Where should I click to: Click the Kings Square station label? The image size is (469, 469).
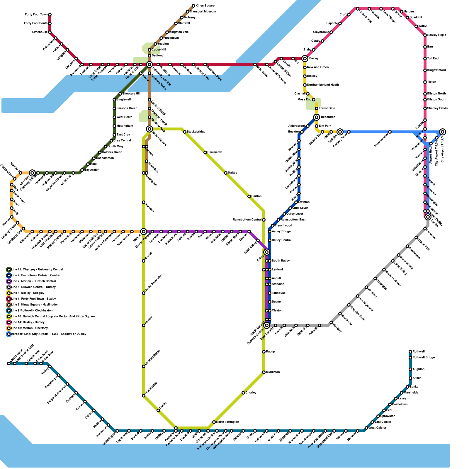point(205,6)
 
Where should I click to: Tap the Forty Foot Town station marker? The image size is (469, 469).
point(50,15)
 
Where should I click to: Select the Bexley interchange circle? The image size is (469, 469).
point(305,59)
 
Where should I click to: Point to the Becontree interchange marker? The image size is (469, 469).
point(317,117)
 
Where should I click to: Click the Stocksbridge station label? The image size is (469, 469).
point(196,132)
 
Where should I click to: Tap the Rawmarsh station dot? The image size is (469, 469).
point(205,152)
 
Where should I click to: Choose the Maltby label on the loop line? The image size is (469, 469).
point(232,173)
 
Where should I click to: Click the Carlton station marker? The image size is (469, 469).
point(249,196)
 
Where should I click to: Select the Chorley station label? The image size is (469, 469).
point(251,393)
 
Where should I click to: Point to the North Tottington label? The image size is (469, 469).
point(227,422)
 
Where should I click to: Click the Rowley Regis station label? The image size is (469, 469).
point(436,35)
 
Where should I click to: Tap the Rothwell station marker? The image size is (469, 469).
point(410,352)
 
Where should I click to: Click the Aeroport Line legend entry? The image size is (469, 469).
point(48,334)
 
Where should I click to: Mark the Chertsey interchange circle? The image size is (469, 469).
point(33,173)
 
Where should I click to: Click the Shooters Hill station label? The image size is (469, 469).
point(131,94)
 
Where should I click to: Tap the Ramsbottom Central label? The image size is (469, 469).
point(247,220)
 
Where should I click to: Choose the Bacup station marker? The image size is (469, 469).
point(264,352)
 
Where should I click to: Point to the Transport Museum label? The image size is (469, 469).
point(203,12)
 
